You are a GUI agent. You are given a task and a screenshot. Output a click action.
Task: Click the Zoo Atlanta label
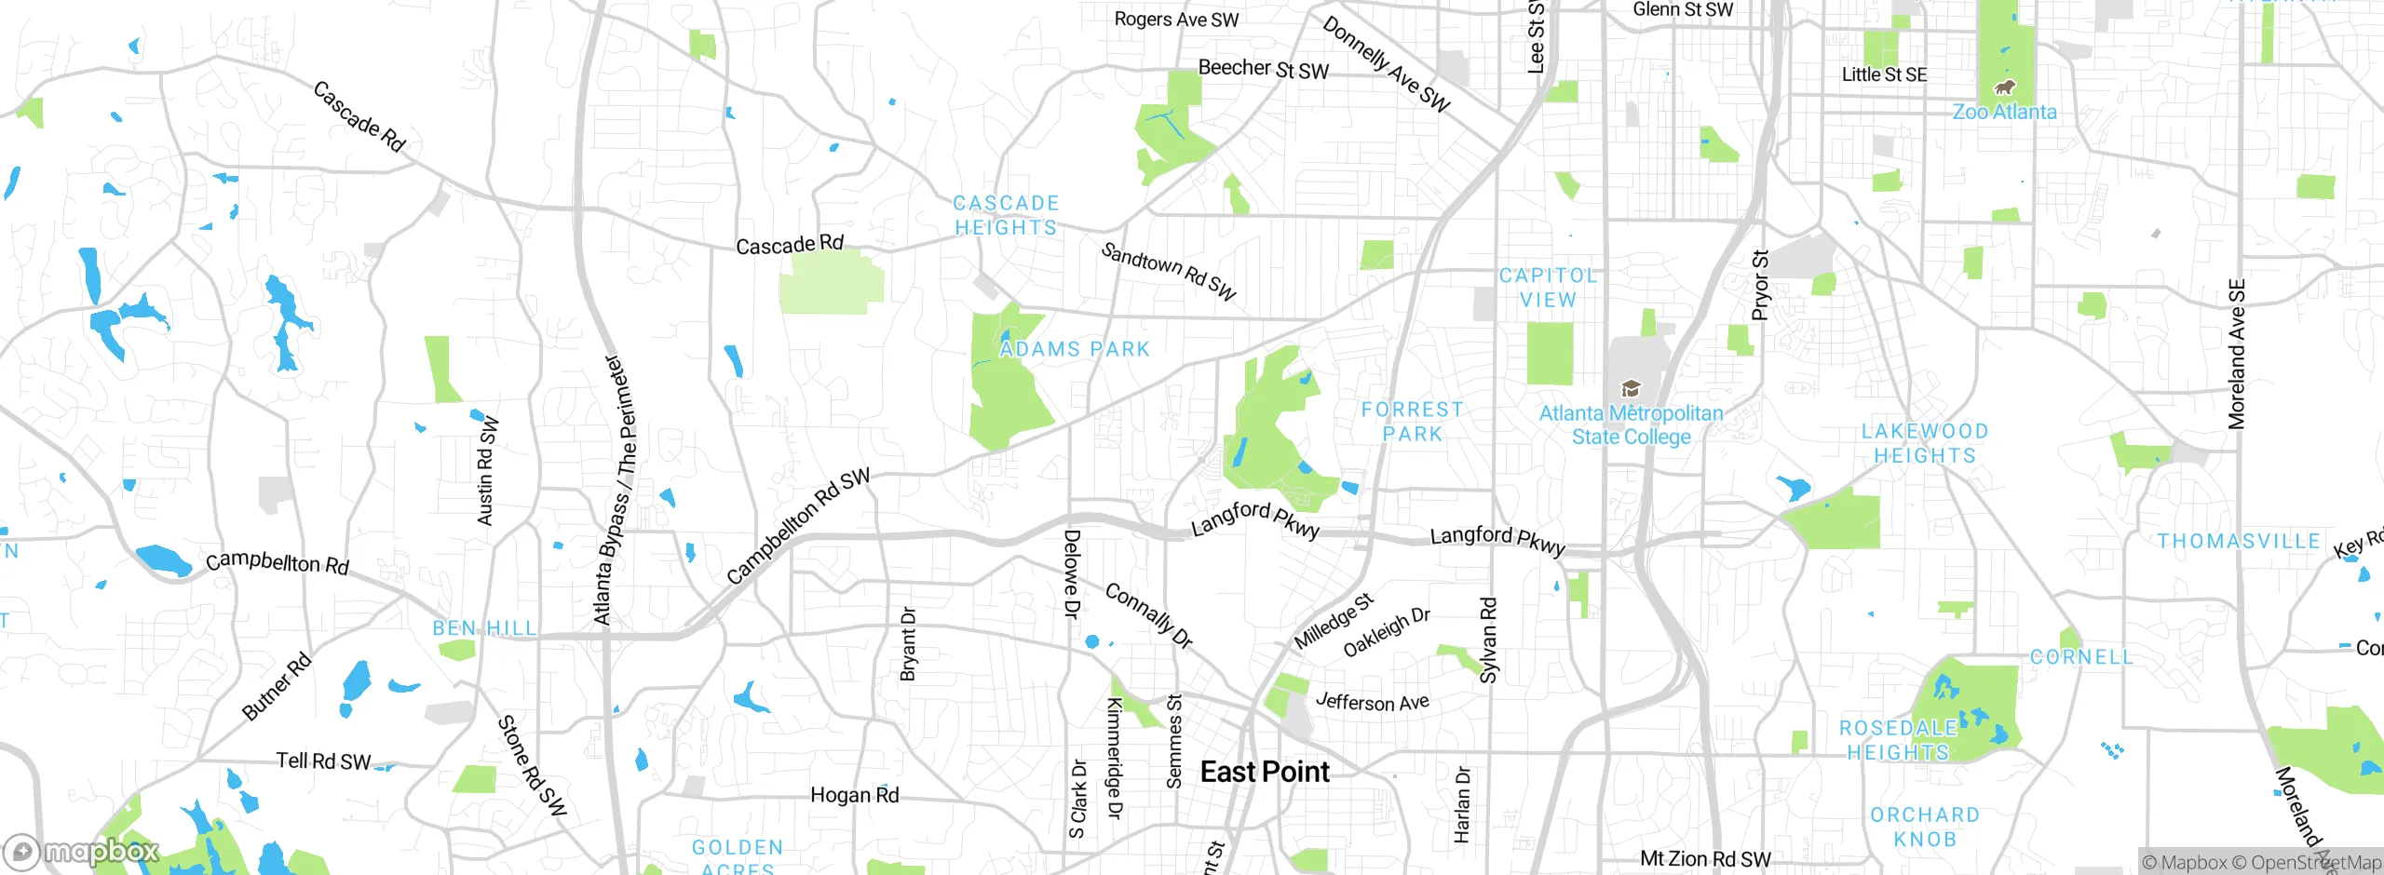click(2004, 112)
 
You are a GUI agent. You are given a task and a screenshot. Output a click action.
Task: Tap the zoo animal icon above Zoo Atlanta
click(2004, 87)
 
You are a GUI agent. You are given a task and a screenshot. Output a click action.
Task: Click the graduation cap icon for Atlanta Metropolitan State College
click(1631, 388)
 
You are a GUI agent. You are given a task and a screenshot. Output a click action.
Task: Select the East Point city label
click(1265, 772)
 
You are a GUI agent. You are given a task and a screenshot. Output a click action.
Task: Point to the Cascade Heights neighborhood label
click(1006, 215)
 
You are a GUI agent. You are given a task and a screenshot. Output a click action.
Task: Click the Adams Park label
click(1075, 349)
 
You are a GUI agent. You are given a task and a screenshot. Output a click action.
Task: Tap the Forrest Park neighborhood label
click(1412, 422)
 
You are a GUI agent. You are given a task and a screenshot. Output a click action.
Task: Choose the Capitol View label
click(1548, 288)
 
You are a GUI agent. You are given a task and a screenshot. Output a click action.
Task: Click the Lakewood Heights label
click(1924, 443)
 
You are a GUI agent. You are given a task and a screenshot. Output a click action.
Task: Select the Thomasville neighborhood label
click(2239, 541)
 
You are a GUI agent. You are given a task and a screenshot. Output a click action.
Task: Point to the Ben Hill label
click(484, 628)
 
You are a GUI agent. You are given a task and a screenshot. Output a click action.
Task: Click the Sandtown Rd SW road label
click(1169, 271)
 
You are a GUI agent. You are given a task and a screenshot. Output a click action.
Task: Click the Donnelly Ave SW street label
click(1387, 64)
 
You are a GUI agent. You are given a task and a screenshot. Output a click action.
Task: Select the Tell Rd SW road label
click(323, 761)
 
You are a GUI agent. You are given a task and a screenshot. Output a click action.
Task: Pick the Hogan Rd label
click(854, 795)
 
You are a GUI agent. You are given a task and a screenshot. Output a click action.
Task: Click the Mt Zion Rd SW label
click(1705, 858)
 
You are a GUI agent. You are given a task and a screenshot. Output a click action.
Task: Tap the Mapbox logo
click(82, 851)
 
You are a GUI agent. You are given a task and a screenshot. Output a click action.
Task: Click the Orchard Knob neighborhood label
click(1924, 827)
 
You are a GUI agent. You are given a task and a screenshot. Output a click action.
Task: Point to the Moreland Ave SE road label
click(2236, 354)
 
